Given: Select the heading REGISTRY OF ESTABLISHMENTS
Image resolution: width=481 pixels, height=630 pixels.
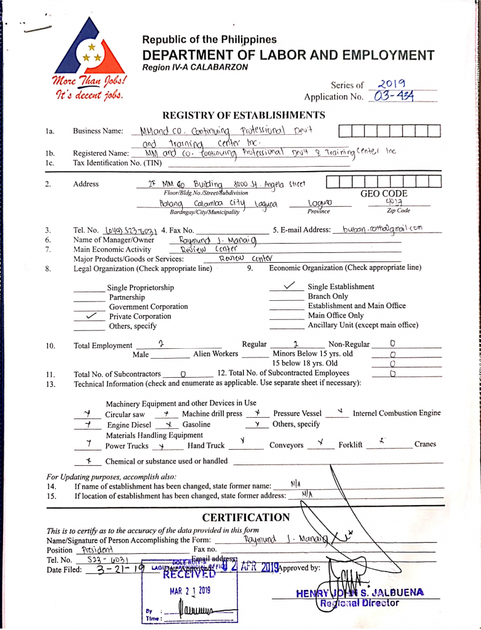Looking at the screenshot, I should coord(244,115).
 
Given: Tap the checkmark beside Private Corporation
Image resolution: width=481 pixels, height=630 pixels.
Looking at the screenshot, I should coord(90,316).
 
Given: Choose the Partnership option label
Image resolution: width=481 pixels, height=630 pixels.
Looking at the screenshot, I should coord(127,297).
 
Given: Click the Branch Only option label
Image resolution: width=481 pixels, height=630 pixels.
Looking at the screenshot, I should coord(328,297).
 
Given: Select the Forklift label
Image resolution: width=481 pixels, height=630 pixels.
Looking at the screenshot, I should coord(350,445).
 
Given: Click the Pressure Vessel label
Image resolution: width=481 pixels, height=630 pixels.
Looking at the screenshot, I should coord(297,413).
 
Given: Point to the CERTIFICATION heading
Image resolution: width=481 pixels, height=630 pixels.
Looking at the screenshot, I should coord(245,517).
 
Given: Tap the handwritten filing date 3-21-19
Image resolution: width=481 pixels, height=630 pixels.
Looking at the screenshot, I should coord(114,569).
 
